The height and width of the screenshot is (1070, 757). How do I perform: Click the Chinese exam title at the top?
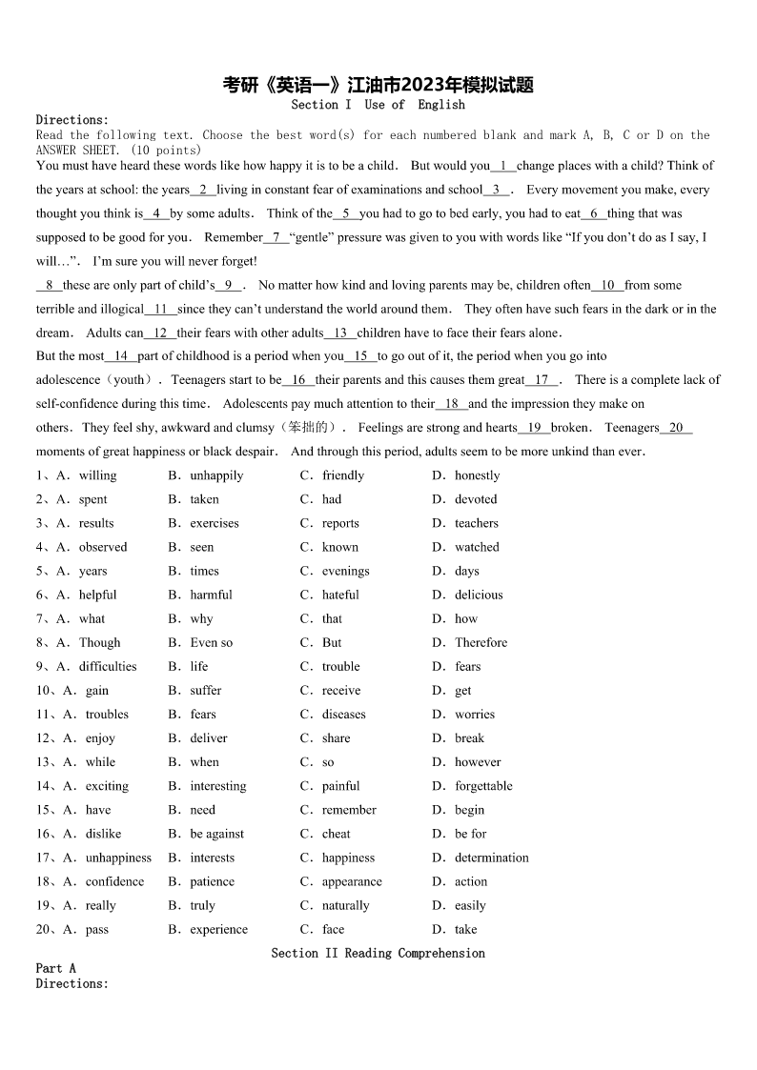tap(378, 86)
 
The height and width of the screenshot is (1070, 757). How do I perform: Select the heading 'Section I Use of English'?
tap(378, 105)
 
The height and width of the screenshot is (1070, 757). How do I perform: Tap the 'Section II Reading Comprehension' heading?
tap(378, 953)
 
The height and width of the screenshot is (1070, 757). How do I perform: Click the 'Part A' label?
tap(56, 968)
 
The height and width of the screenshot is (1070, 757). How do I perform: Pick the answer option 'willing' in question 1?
tap(97, 475)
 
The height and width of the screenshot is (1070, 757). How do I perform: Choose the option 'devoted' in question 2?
tap(476, 499)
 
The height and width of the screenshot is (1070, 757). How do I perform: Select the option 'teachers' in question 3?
tap(477, 523)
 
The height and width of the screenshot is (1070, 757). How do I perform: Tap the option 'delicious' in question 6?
tap(479, 595)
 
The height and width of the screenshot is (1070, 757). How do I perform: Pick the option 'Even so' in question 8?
tap(211, 642)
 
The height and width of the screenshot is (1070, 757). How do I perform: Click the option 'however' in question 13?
tap(478, 762)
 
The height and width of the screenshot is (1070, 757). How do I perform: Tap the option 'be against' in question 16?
tap(216, 834)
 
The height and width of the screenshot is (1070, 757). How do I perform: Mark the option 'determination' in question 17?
tap(491, 858)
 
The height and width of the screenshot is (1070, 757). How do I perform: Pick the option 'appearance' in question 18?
tap(352, 881)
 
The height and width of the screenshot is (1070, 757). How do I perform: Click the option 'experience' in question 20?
tap(218, 929)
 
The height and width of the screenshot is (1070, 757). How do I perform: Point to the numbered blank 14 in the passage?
tap(121, 356)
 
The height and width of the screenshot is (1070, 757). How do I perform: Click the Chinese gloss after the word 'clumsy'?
tap(308, 428)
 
